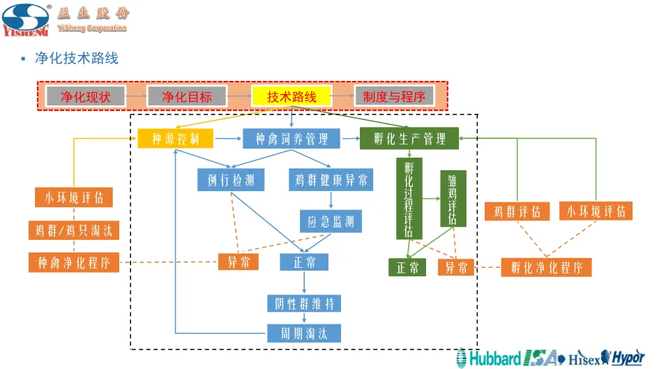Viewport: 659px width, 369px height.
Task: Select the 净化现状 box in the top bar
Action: pos(86,96)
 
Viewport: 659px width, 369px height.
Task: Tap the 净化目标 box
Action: pos(187,96)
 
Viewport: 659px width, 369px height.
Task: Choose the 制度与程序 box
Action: pos(394,96)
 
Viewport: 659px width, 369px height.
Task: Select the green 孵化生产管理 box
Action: pos(409,139)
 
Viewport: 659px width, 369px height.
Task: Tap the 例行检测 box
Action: pos(231,181)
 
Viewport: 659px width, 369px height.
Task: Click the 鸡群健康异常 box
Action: pos(331,181)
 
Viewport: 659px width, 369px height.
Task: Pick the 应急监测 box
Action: pos(331,222)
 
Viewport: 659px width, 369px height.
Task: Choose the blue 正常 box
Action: pos(304,262)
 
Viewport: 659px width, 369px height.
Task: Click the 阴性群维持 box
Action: pos(304,303)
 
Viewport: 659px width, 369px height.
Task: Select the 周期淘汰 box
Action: pos(304,333)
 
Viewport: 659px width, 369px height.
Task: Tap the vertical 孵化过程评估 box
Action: pos(409,199)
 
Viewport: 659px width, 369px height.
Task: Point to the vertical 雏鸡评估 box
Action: pos(453,199)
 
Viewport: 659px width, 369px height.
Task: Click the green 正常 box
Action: pos(407,267)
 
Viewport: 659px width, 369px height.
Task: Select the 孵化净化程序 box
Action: pos(546,267)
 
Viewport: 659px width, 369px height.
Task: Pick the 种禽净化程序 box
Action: pos(74,262)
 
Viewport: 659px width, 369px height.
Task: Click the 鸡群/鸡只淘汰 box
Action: pos(74,229)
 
